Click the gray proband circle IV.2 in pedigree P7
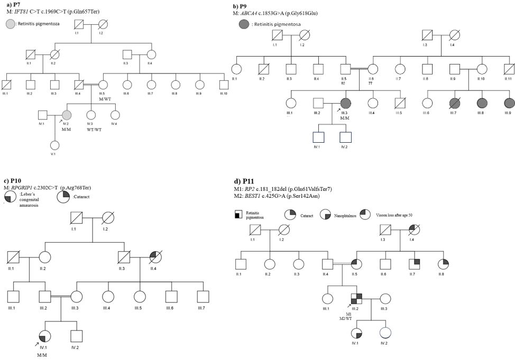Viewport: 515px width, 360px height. (67, 115)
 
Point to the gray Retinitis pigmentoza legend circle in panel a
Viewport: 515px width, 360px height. (10, 23)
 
